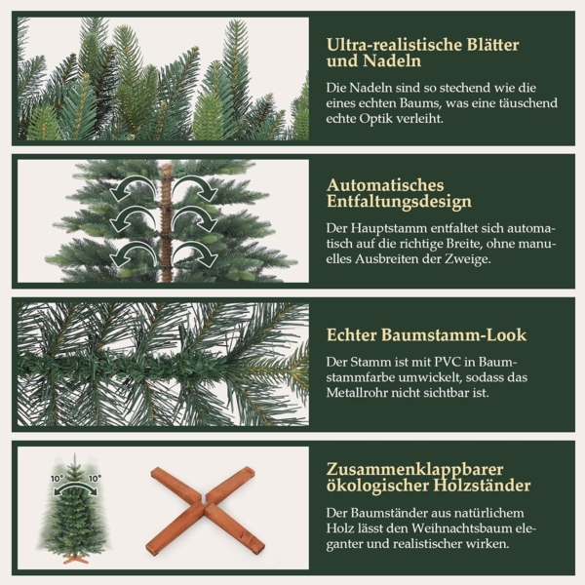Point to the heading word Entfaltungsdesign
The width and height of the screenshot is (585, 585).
(399, 202)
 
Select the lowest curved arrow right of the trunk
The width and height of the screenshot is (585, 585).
(200, 255)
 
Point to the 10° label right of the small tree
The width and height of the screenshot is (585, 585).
(95, 479)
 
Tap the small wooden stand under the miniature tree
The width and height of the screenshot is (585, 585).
(76, 558)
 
